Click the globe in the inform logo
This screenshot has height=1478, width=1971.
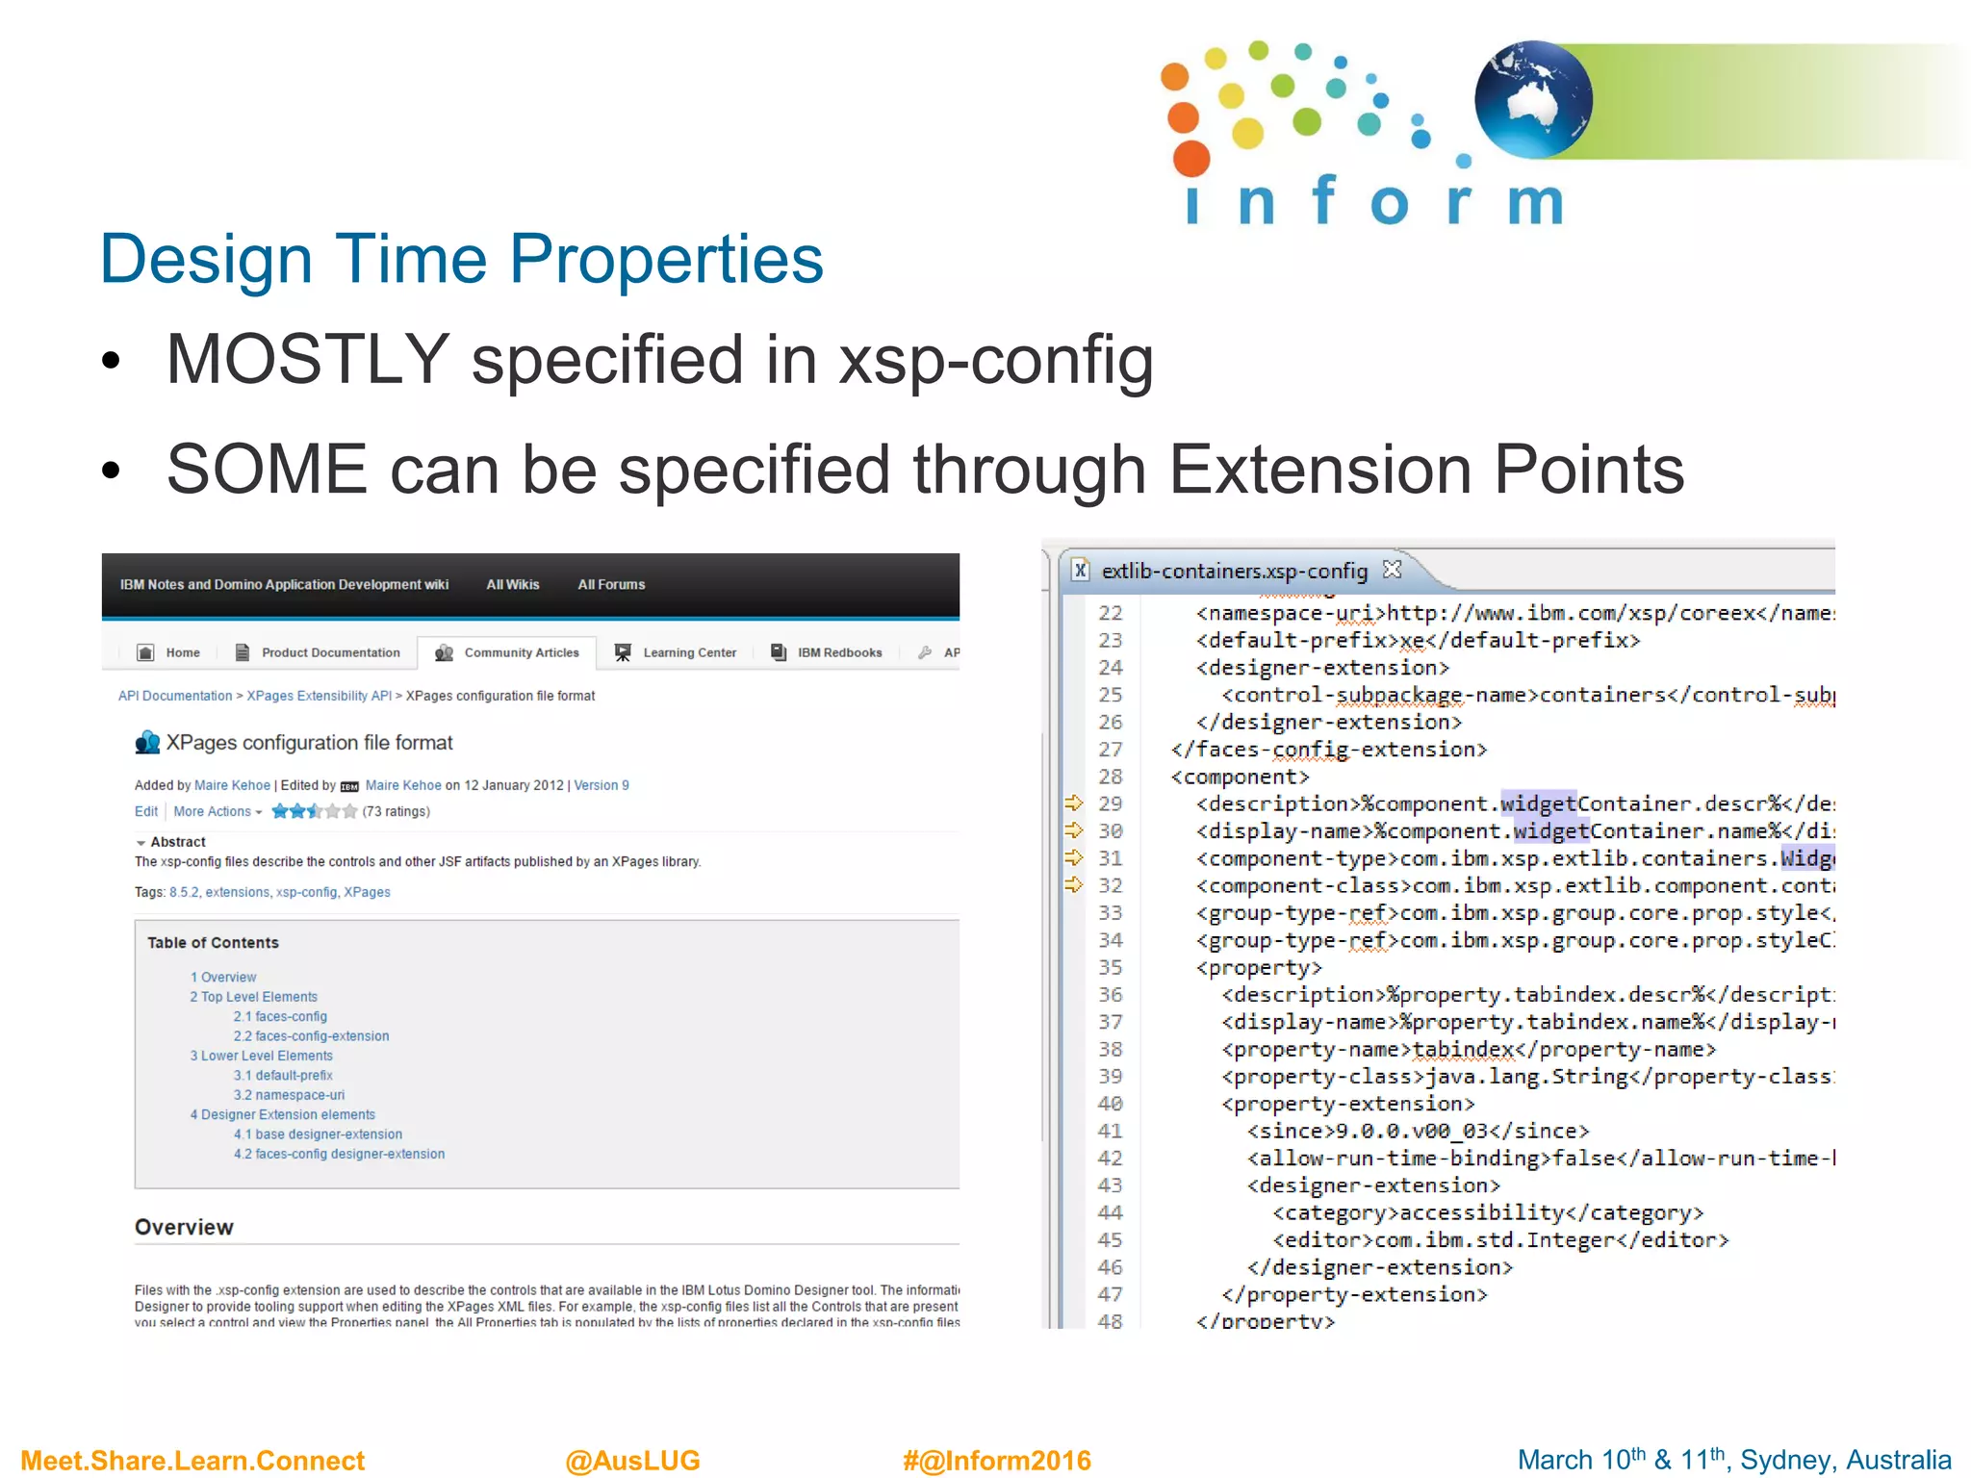coord(1533,99)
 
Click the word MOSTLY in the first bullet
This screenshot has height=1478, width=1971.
coord(307,360)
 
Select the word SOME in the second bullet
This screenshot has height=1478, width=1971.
coord(267,470)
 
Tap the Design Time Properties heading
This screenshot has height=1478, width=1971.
coord(462,259)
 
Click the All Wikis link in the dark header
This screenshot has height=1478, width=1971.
coord(512,585)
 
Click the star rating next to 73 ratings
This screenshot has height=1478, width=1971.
coord(314,811)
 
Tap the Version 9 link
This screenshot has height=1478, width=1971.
coord(602,785)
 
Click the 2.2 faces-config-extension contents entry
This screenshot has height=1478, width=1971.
coord(311,1036)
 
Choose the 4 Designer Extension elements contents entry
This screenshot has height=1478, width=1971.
coord(283,1114)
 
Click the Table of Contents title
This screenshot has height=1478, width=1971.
coord(213,943)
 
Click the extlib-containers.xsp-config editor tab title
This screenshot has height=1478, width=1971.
coord(1234,572)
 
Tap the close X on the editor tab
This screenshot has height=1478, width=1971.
coord(1392,570)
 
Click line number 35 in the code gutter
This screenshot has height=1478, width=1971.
coord(1111,967)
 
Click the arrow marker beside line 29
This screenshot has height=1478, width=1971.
coord(1074,803)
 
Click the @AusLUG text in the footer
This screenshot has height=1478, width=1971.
coord(632,1461)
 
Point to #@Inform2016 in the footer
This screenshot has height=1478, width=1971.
coord(996,1461)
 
